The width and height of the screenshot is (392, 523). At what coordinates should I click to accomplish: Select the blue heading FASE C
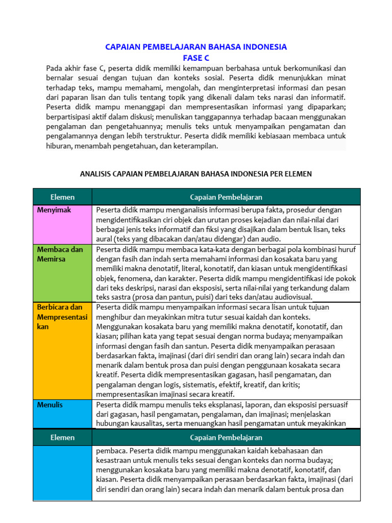pyautogui.click(x=196, y=58)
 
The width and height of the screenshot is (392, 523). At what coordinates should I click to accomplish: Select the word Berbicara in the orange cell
pyautogui.click(x=52, y=307)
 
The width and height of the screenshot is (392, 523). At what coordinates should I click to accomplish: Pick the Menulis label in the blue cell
pyautogui.click(x=50, y=405)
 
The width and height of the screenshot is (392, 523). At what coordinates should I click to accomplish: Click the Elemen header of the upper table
pyautogui.click(x=62, y=197)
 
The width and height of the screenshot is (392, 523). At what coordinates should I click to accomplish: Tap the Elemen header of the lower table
pyautogui.click(x=62, y=437)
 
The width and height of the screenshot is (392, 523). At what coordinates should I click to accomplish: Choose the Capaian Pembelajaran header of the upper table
pyautogui.click(x=226, y=197)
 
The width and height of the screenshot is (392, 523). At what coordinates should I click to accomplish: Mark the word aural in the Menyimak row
pyautogui.click(x=105, y=239)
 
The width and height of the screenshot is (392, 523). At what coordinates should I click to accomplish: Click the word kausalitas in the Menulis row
pyautogui.click(x=146, y=423)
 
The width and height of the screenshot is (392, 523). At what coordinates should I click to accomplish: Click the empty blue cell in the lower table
pyautogui.click(x=62, y=473)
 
